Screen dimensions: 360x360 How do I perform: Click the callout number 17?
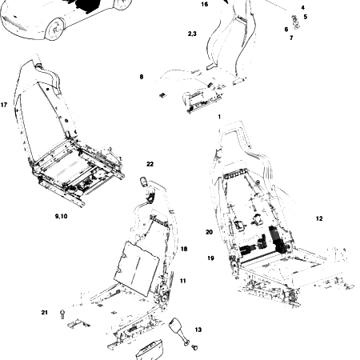tap(5, 105)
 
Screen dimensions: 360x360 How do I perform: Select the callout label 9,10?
tap(61, 217)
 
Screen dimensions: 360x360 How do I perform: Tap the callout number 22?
tap(150, 164)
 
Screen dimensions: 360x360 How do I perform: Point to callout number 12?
tap(319, 218)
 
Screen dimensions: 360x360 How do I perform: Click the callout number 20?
tap(209, 232)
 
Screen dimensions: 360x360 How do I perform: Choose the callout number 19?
tap(210, 258)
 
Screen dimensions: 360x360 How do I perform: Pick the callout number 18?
tap(184, 249)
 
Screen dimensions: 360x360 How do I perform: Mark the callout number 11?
tap(183, 280)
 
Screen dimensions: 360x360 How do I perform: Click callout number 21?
tap(45, 311)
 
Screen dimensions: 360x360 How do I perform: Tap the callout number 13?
tap(198, 330)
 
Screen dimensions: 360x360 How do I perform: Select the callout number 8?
tap(142, 77)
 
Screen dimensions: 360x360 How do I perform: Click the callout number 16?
tap(204, 4)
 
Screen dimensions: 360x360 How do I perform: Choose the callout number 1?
tap(218, 117)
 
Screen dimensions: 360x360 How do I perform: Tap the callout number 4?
tap(302, 7)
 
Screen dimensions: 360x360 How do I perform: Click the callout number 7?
tap(291, 38)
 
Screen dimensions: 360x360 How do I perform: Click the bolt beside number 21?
tap(62, 317)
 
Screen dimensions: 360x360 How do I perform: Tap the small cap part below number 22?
tap(146, 182)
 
